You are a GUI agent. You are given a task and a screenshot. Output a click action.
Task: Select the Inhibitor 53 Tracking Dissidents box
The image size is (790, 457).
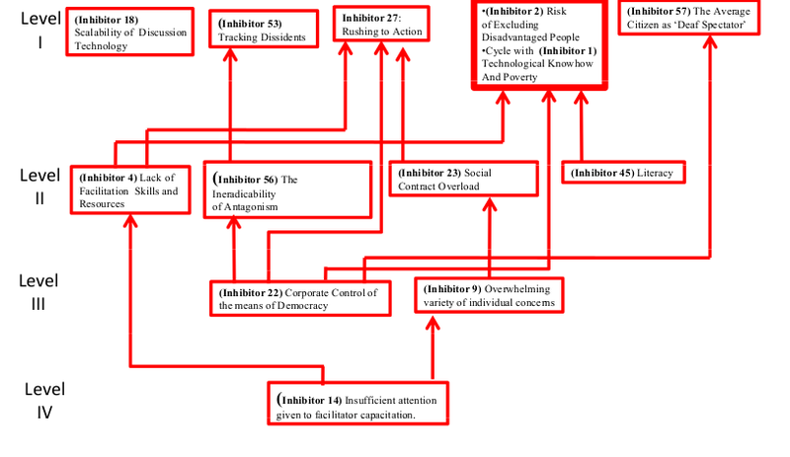[264, 31]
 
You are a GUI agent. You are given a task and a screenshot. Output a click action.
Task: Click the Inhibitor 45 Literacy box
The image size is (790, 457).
[623, 173]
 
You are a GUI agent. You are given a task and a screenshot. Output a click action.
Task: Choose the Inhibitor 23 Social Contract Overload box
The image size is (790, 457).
[463, 179]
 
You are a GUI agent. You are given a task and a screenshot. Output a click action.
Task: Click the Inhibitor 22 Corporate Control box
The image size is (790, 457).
[302, 298]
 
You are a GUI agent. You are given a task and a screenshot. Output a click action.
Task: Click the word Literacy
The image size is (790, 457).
[655, 174]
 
